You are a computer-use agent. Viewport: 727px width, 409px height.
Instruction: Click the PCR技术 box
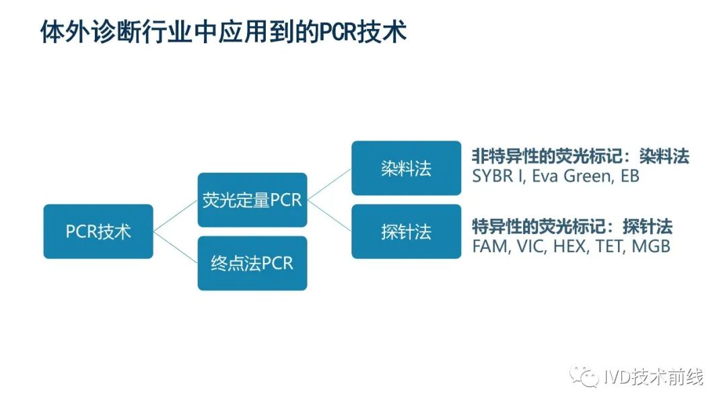98,232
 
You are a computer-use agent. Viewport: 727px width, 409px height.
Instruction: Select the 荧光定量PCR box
252,200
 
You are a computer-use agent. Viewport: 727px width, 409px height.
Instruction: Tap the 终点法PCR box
252,263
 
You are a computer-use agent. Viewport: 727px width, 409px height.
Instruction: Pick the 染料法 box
406,168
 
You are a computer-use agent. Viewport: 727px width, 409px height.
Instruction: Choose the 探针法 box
406,232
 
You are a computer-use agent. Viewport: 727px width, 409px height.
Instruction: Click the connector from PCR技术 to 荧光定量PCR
175,216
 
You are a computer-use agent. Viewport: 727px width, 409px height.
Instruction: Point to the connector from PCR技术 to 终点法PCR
175,248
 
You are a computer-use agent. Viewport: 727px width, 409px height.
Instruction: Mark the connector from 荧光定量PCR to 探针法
329,216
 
